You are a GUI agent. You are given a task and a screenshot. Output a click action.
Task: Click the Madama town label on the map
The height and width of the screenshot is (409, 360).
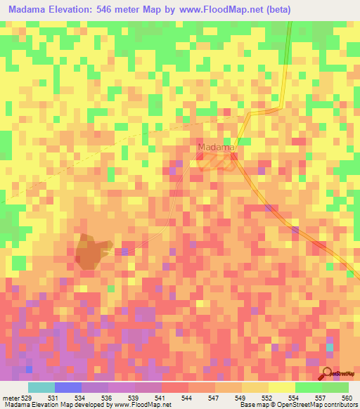[216, 147]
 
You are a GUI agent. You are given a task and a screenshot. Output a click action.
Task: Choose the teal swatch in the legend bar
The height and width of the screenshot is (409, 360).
[41, 387]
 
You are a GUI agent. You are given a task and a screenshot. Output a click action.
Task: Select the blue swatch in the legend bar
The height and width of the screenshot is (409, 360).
[67, 387]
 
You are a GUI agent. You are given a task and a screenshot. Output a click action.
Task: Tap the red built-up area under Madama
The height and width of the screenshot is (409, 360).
[218, 162]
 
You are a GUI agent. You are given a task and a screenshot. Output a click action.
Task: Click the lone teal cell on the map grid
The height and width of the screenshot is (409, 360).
[330, 348]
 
